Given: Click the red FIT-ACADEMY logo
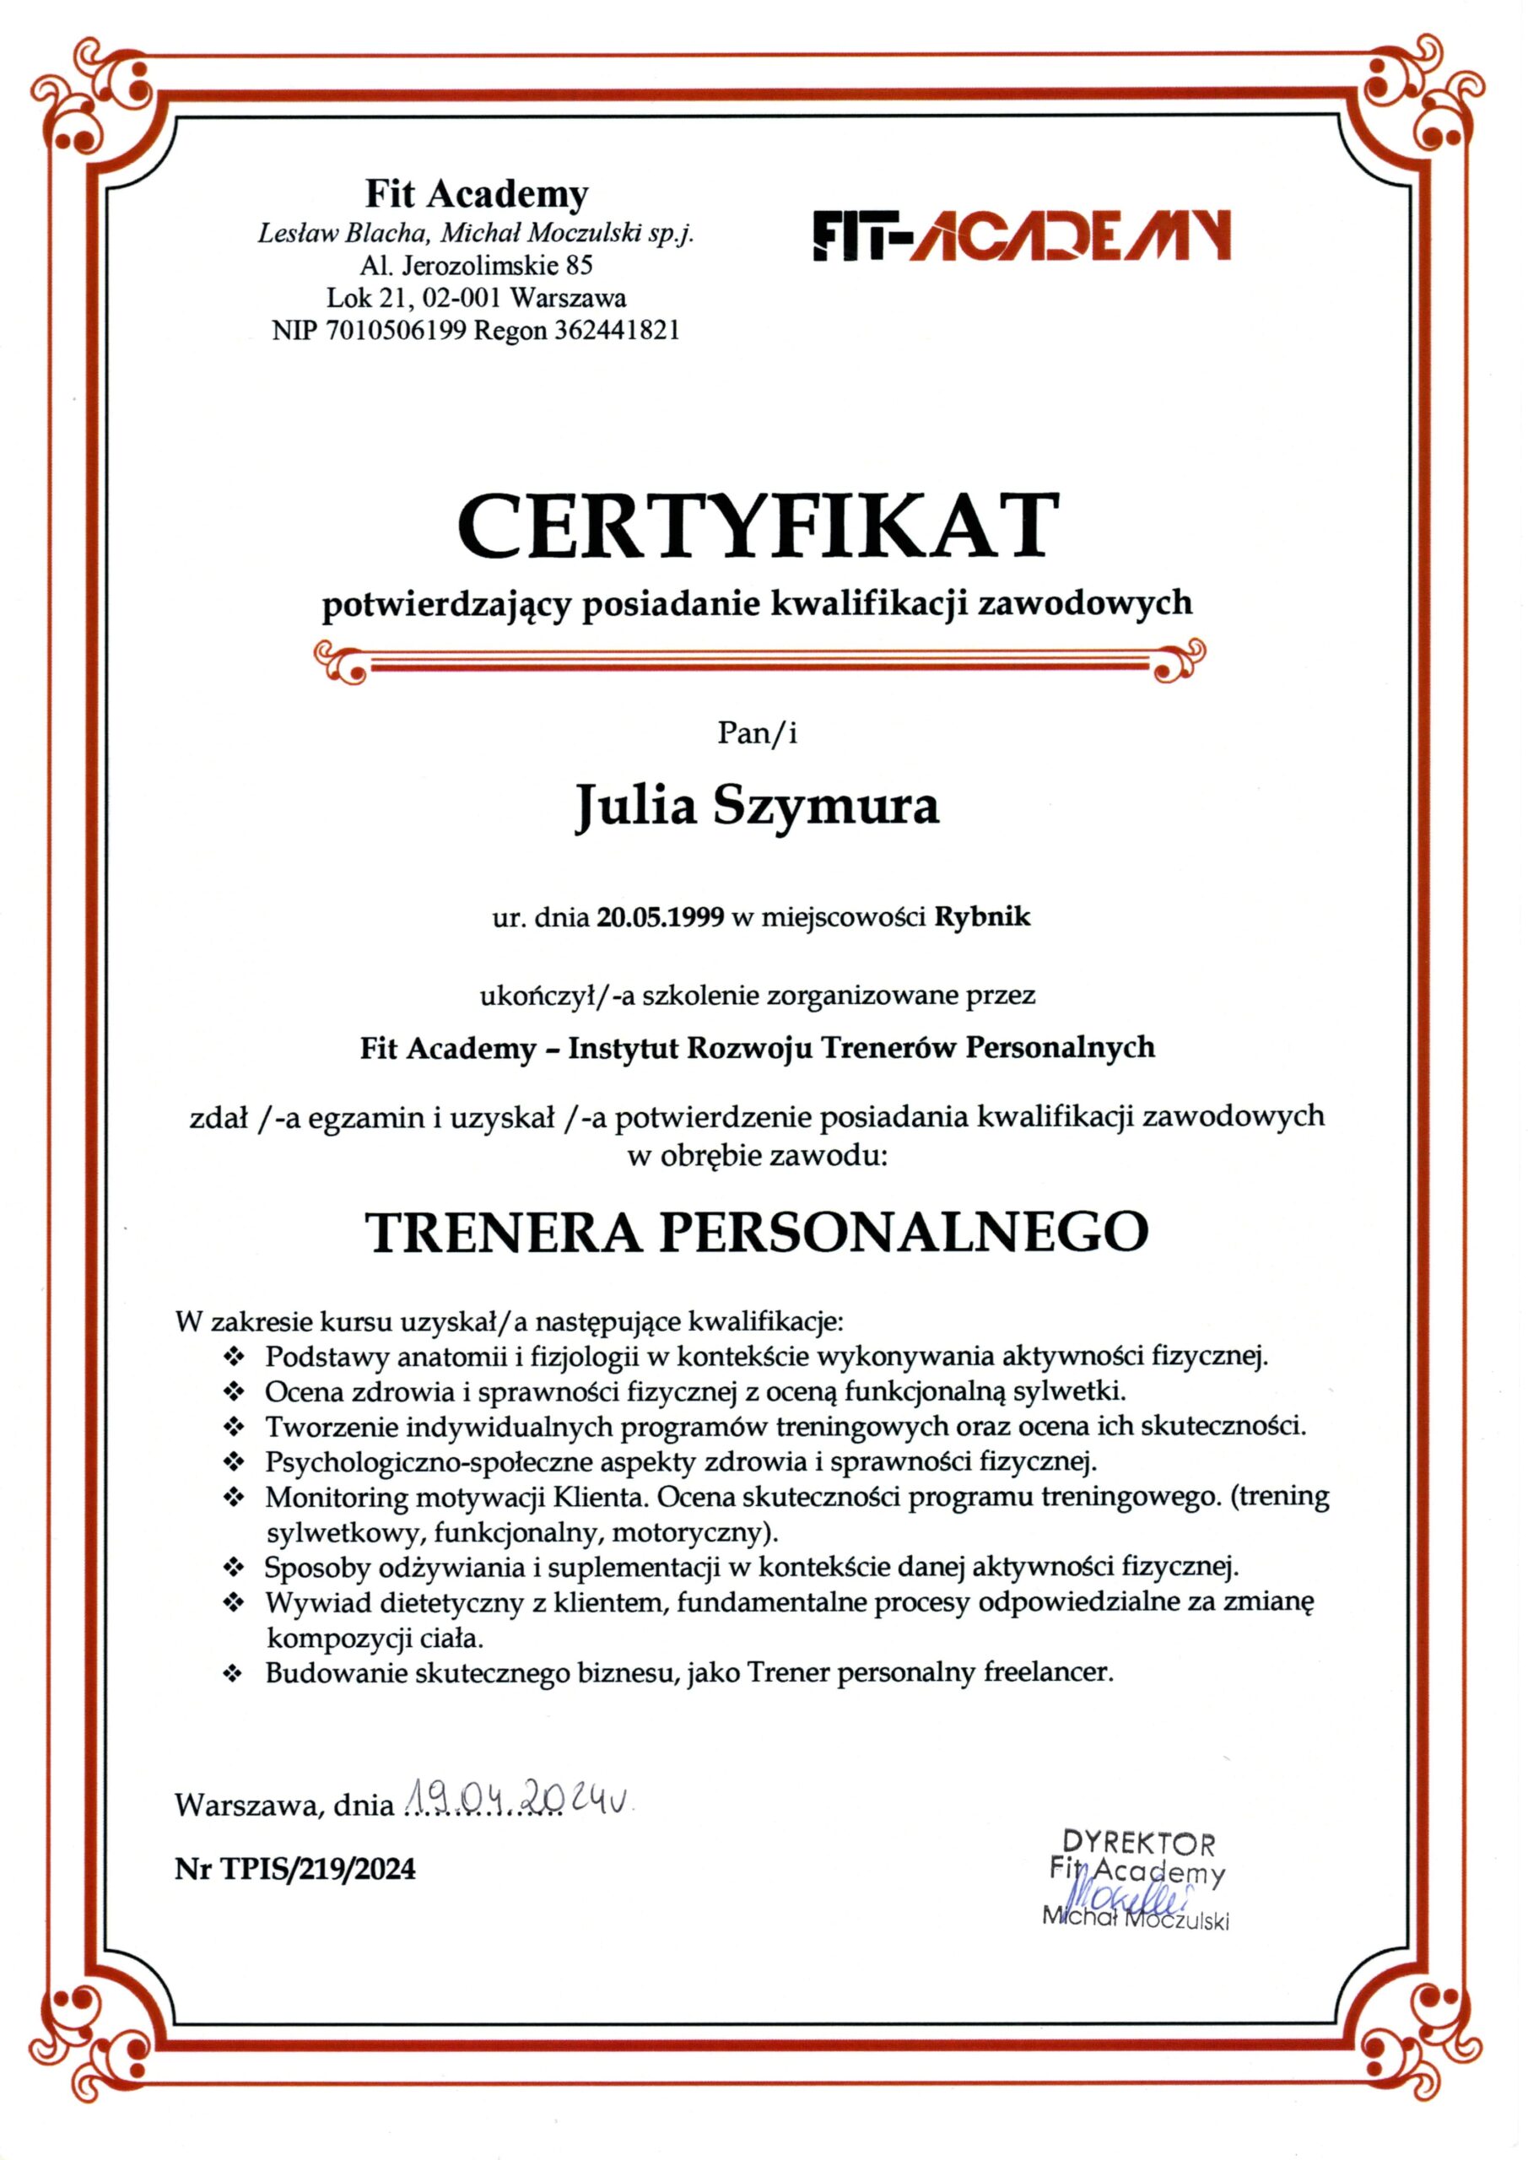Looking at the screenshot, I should click(x=1021, y=235).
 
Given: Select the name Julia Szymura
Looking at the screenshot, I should click(x=758, y=807).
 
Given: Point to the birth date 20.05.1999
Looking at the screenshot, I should click(x=661, y=917).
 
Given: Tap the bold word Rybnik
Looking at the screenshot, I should click(x=982, y=917).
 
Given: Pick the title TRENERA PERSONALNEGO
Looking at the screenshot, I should click(x=758, y=1232).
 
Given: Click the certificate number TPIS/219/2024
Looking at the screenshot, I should click(x=318, y=1869).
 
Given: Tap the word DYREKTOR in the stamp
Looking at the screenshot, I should click(x=1138, y=1843).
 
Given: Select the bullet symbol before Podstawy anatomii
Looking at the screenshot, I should click(x=234, y=1358).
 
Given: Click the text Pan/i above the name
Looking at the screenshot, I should click(x=758, y=734).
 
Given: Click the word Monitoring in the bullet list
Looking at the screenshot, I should click(x=336, y=1497).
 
